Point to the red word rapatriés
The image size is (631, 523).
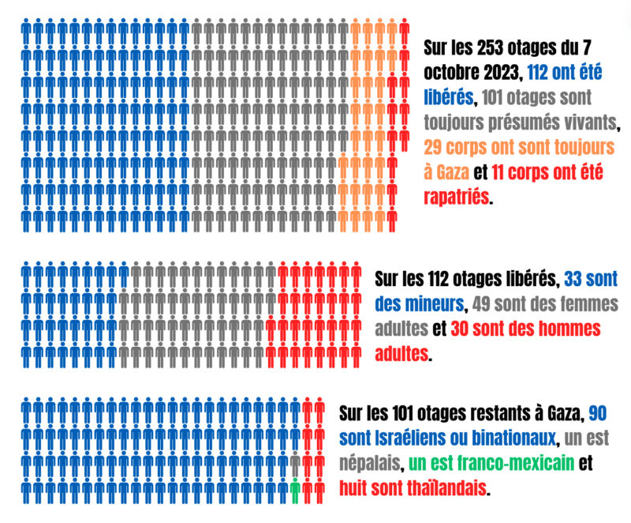[x=457, y=195]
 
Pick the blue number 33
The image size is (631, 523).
[x=573, y=279]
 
